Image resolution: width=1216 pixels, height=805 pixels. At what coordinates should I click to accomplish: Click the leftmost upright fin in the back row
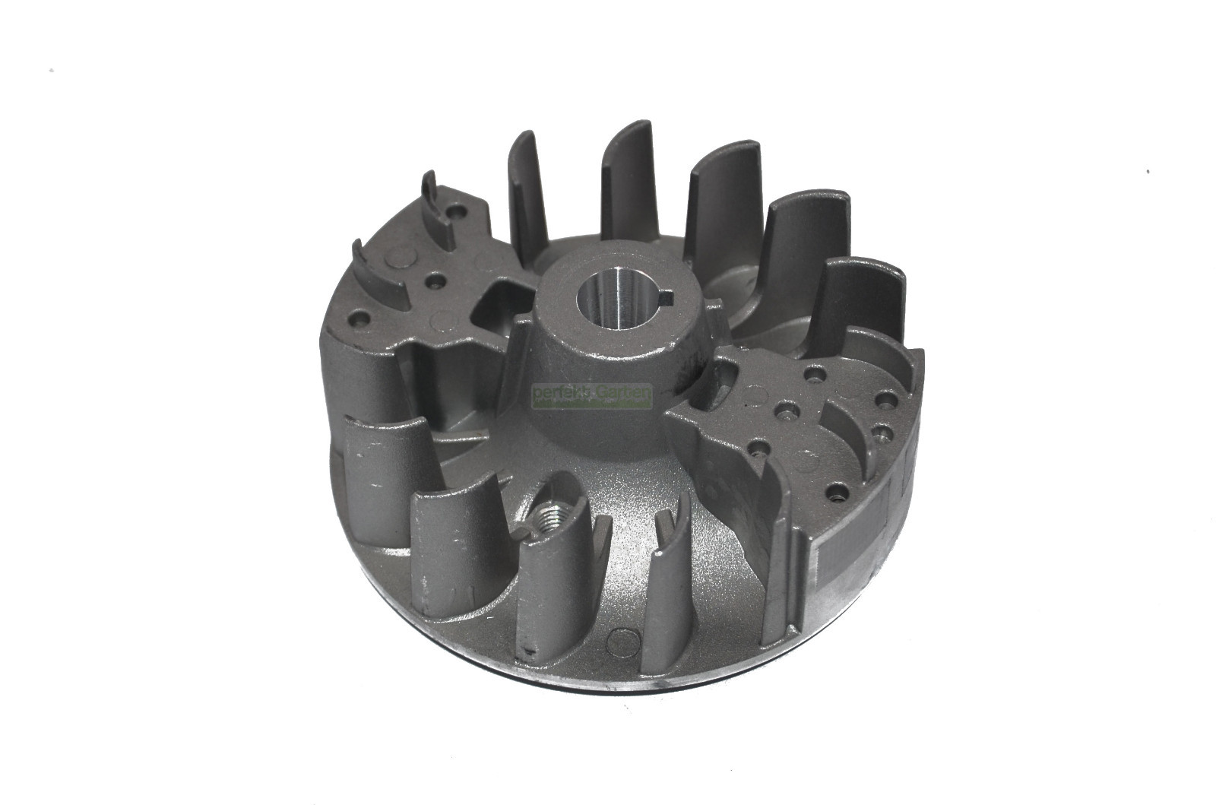[527, 198]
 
